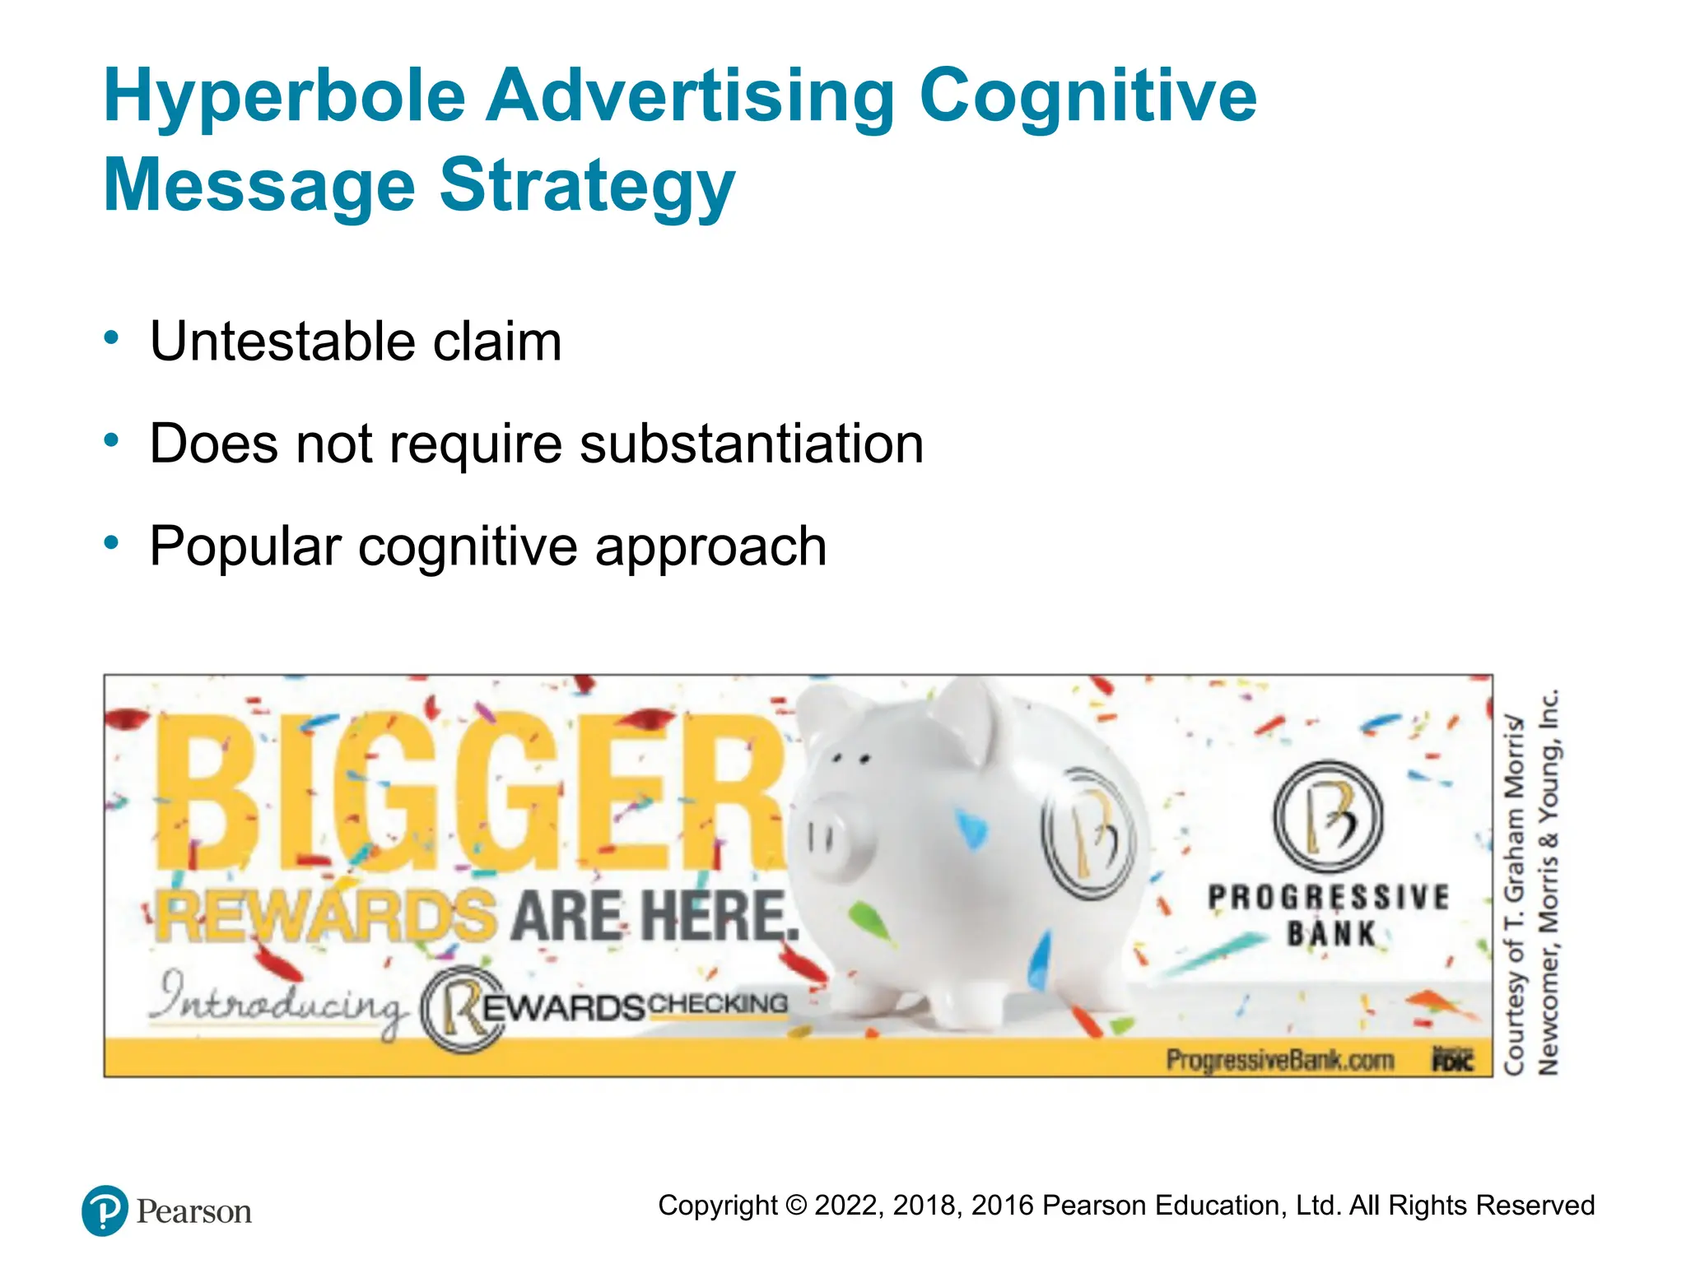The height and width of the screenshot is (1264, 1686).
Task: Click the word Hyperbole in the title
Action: [x=284, y=97]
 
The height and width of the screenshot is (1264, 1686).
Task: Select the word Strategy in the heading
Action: [x=587, y=186]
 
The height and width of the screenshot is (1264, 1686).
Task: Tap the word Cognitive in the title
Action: [x=1088, y=97]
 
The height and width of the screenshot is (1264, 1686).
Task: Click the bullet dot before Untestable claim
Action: [x=111, y=338]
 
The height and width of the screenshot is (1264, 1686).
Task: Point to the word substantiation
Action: [x=751, y=444]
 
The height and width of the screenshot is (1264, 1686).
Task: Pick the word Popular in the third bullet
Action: [x=245, y=547]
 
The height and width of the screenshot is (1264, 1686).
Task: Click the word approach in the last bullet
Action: [x=710, y=547]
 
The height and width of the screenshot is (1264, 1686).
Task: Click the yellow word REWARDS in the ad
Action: [x=326, y=916]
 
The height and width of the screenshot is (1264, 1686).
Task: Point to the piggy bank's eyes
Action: [x=851, y=758]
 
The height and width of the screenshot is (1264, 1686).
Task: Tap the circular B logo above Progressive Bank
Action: [x=1327, y=817]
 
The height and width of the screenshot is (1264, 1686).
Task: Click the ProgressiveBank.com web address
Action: [x=1279, y=1060]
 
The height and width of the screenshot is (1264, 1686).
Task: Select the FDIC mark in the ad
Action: [x=1452, y=1060]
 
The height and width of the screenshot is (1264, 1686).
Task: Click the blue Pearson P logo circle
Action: [x=105, y=1211]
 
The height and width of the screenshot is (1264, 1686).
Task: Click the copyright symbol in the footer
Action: [x=796, y=1206]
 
